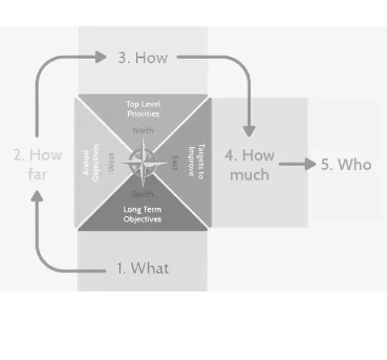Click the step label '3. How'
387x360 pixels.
point(142,58)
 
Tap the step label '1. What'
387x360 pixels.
point(142,268)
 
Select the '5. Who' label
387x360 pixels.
point(346,164)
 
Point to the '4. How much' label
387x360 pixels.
point(250,165)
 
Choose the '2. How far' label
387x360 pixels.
point(37,165)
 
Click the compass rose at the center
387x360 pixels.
point(143,163)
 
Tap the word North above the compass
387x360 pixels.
point(143,130)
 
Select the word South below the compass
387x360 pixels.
point(142,194)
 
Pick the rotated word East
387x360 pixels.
point(175,163)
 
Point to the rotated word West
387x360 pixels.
point(111,162)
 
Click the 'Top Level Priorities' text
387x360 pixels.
point(143,109)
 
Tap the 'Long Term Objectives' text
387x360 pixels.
point(142,215)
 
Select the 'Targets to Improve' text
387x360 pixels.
point(196,161)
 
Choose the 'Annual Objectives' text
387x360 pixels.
point(91,163)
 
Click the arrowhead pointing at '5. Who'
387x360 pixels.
point(311,164)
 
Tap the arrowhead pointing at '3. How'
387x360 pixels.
point(101,57)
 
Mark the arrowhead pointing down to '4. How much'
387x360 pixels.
point(249,131)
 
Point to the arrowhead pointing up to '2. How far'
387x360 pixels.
point(37,196)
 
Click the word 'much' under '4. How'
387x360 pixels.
point(250,175)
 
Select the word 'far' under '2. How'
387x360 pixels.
point(37,174)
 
